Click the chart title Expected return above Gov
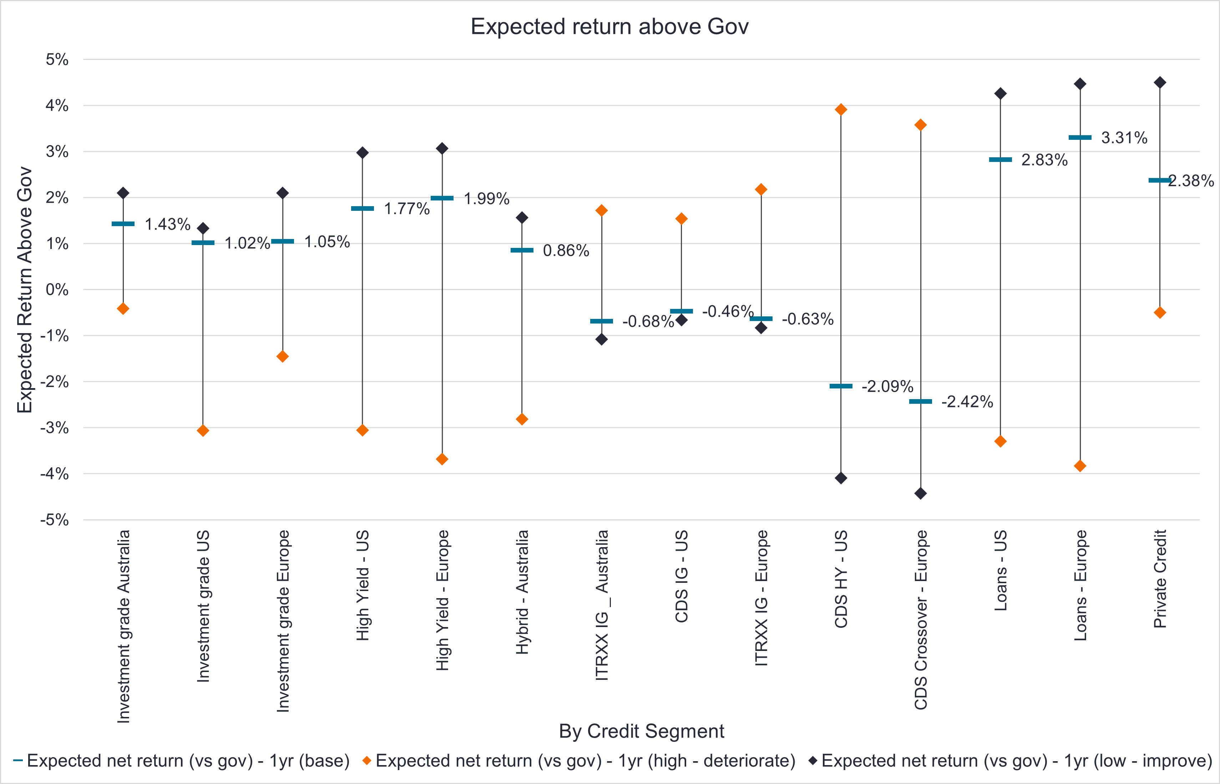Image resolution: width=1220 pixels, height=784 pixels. click(609, 26)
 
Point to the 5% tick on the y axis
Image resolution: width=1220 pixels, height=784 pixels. click(57, 60)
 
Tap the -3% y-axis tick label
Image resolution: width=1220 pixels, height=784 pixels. click(55, 428)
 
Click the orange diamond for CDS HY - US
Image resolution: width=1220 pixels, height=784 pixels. click(841, 110)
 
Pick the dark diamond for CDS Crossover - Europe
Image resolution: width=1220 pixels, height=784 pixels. click(921, 493)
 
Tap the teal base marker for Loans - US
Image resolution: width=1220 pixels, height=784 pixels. click(1001, 160)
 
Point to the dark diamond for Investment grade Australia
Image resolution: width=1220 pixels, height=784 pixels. click(123, 193)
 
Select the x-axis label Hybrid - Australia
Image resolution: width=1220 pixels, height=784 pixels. click(522, 592)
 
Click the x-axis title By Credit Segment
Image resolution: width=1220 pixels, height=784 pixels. click(641, 731)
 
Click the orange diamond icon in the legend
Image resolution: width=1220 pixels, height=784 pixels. click(366, 760)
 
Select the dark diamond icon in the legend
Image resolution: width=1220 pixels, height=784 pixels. click(813, 760)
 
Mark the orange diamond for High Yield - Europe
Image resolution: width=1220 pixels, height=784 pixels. click(442, 459)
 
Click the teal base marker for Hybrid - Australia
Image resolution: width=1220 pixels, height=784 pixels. click(522, 250)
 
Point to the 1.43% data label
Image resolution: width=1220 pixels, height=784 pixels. click(167, 224)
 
